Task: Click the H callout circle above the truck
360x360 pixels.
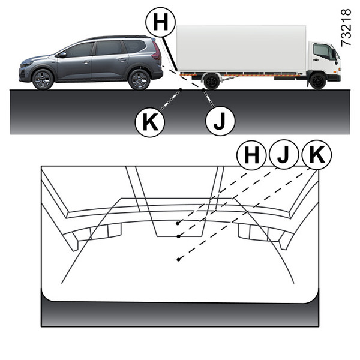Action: pyautogui.click(x=160, y=22)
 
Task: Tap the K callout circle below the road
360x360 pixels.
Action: pyautogui.click(x=150, y=122)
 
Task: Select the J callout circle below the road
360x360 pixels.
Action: pyautogui.click(x=220, y=121)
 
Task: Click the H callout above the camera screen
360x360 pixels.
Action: pyautogui.click(x=251, y=155)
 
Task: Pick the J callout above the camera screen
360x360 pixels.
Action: pyautogui.click(x=284, y=154)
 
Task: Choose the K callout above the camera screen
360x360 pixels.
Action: pyautogui.click(x=317, y=155)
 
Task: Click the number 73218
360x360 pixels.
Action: pyautogui.click(x=346, y=28)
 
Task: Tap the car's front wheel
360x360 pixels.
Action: pyautogui.click(x=43, y=79)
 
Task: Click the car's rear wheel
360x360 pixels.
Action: pyautogui.click(x=139, y=79)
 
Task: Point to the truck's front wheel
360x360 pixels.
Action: pyautogui.click(x=317, y=81)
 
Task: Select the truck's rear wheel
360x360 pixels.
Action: pyautogui.click(x=211, y=81)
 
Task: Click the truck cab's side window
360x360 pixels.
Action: pyautogui.click(x=322, y=51)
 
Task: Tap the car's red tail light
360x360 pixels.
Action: pyautogui.click(x=157, y=51)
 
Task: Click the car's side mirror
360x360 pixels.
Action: pyautogui.click(x=62, y=55)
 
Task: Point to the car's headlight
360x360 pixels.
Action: pyautogui.click(x=26, y=64)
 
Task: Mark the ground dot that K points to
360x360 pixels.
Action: pyautogui.click(x=181, y=90)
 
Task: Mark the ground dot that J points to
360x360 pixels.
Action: pyautogui.click(x=203, y=90)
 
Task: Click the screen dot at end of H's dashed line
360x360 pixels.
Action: pyautogui.click(x=178, y=223)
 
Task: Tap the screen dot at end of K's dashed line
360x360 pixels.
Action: pyautogui.click(x=178, y=259)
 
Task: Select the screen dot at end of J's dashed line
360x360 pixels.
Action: pyautogui.click(x=178, y=236)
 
